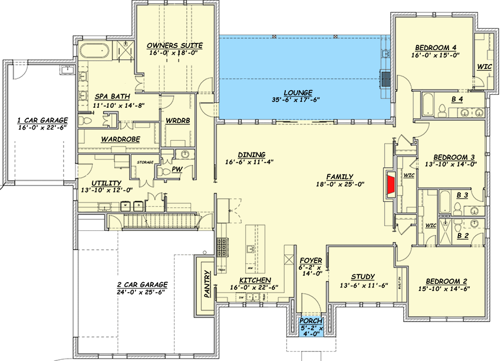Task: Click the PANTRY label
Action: [207, 284]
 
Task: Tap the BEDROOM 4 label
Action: [436, 47]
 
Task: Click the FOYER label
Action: [310, 260]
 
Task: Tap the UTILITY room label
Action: [107, 183]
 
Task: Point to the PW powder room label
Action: [176, 169]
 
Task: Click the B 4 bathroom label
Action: [457, 100]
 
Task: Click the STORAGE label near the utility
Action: [145, 162]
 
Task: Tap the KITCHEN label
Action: [255, 280]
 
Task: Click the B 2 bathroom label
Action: [463, 236]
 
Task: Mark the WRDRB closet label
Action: [176, 120]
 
